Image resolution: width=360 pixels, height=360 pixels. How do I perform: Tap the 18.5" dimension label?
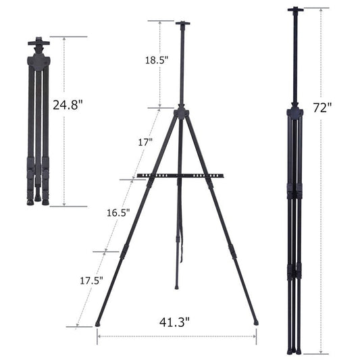(x=157, y=59)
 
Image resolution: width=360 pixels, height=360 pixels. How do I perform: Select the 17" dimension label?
(x=145, y=143)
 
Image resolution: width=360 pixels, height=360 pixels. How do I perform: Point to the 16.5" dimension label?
(x=119, y=211)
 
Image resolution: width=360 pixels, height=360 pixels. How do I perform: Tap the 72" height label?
(x=323, y=107)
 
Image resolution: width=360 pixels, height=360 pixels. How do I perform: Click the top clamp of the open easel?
(x=182, y=24)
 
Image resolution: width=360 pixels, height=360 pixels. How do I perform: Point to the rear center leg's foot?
(x=177, y=286)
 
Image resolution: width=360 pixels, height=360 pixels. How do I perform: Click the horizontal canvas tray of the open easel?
(x=180, y=176)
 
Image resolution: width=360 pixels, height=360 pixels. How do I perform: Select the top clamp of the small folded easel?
(x=38, y=43)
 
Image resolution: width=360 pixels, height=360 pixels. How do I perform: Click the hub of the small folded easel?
(x=38, y=63)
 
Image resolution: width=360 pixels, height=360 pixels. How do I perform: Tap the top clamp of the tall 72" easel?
(x=294, y=10)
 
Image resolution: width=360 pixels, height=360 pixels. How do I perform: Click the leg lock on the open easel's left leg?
(x=124, y=251)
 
